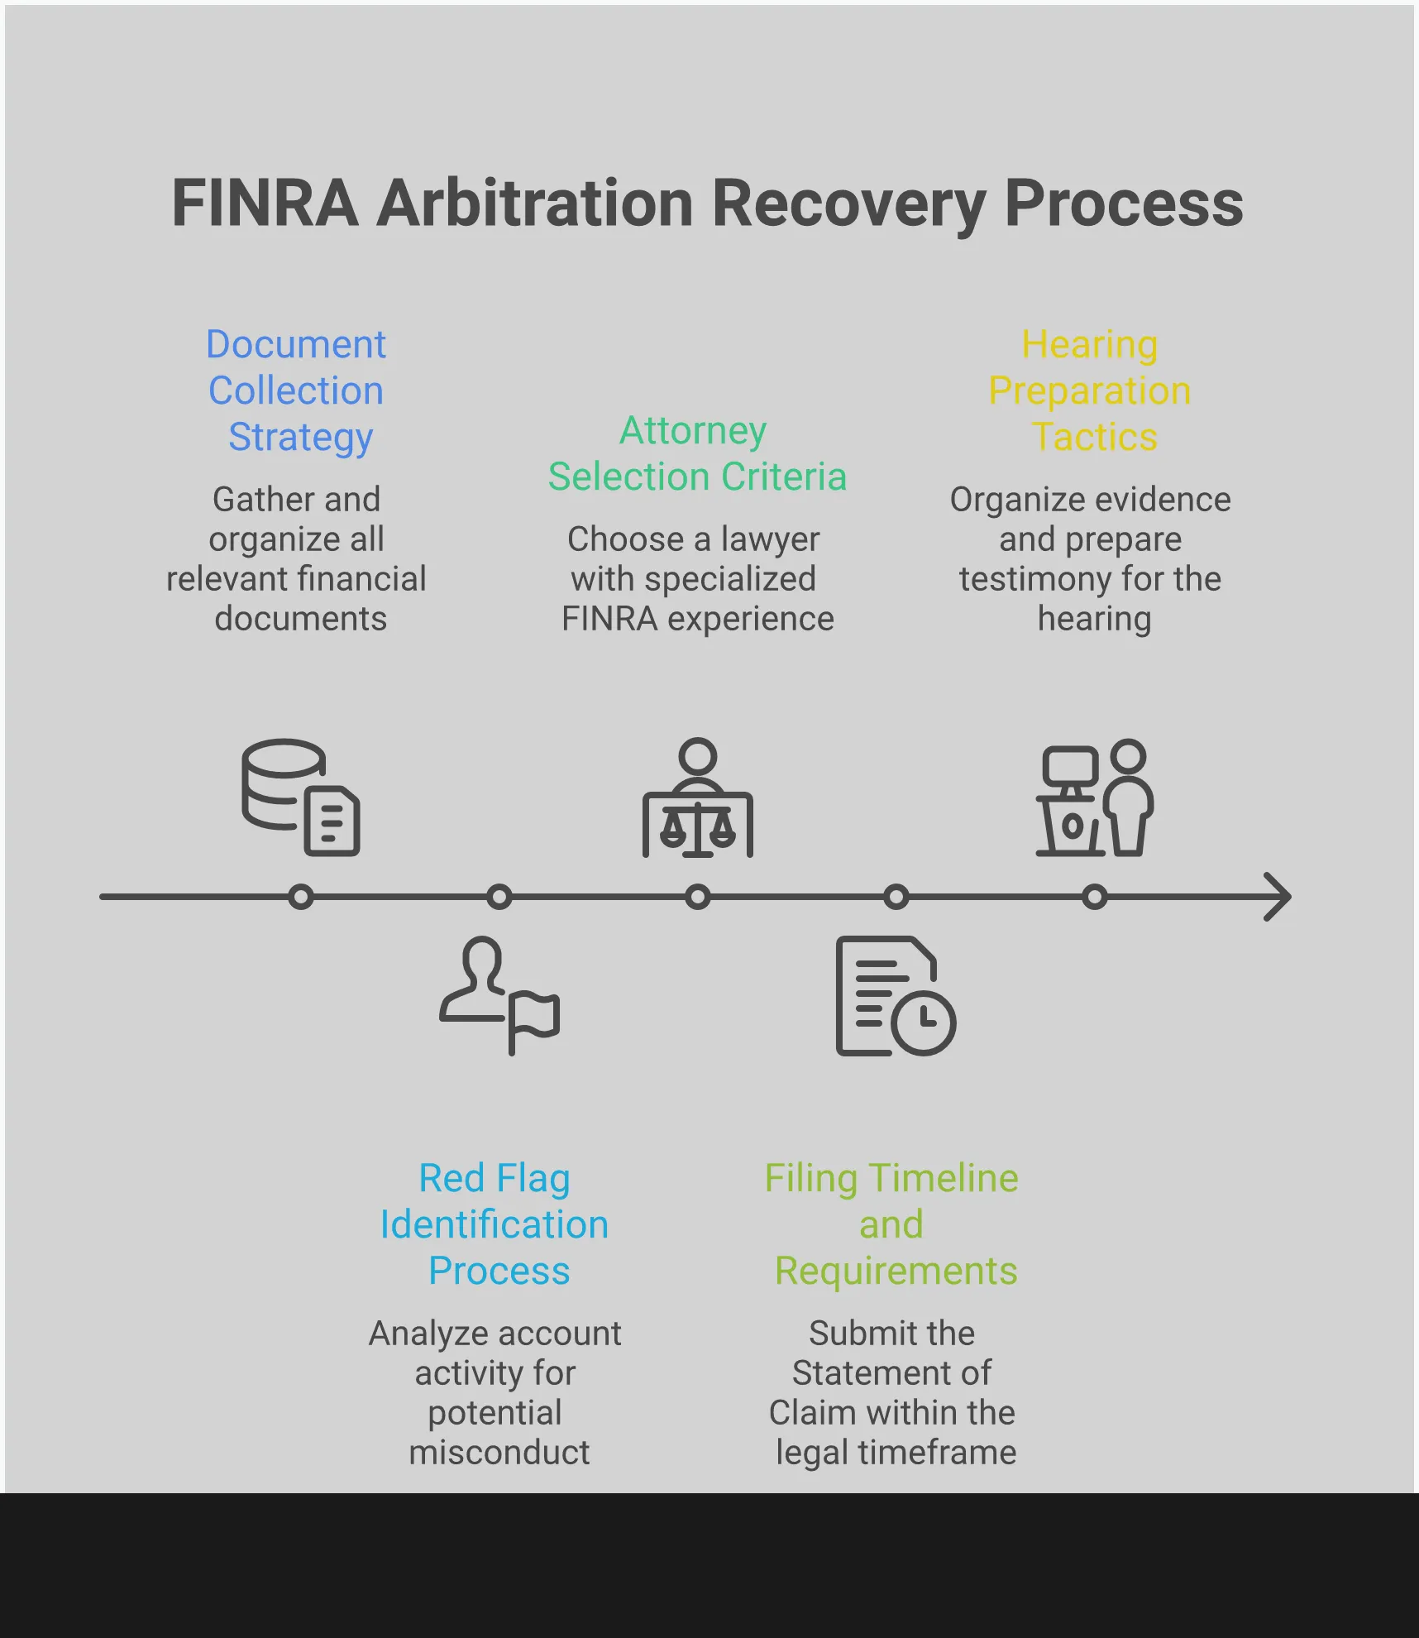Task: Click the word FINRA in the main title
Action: coord(265,204)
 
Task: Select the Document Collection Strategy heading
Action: coord(296,390)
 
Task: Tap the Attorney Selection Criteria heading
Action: coord(697,453)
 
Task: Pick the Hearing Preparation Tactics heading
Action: coord(1090,390)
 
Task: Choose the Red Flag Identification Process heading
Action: coord(495,1224)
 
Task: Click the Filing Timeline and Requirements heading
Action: coord(891,1224)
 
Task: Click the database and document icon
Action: coord(300,797)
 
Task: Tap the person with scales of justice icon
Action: coord(697,798)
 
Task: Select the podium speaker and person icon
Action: coord(1094,798)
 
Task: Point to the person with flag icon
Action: coord(499,995)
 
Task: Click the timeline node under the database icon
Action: coord(301,897)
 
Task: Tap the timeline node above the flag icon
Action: coord(499,897)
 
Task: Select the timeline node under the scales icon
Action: coord(698,897)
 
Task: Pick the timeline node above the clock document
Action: coord(896,897)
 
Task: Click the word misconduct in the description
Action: coord(499,1452)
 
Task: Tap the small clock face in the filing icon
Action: coord(924,1022)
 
